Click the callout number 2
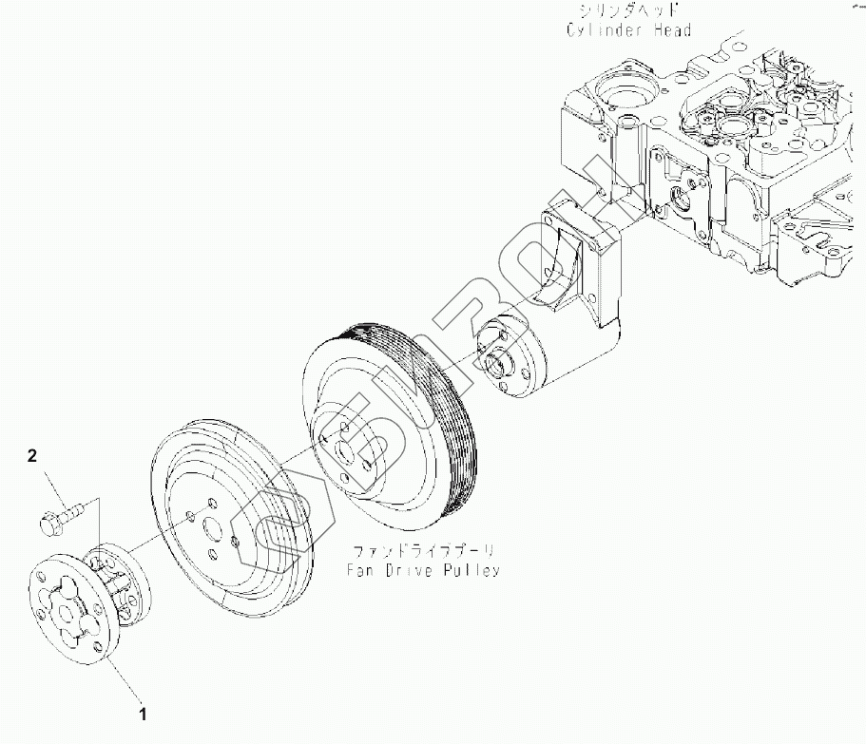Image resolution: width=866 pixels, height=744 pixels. click(32, 456)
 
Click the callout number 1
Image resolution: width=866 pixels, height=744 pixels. click(143, 714)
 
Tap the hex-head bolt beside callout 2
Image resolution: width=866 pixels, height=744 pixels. click(62, 516)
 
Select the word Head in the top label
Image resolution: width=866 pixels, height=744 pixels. click(672, 29)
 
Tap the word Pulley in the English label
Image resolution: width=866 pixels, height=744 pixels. click(471, 569)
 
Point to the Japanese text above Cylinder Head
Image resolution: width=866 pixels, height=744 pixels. click(628, 11)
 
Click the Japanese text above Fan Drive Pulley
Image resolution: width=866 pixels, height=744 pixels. click(424, 551)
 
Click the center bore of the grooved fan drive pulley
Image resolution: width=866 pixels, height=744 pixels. click(346, 452)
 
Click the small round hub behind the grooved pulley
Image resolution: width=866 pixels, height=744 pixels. click(510, 356)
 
